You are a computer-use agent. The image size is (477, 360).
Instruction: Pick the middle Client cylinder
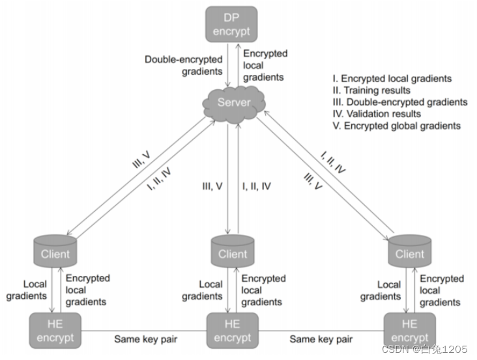click(x=233, y=251)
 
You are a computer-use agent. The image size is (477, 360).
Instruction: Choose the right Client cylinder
click(x=410, y=251)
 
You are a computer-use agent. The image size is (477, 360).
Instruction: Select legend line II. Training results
click(x=371, y=90)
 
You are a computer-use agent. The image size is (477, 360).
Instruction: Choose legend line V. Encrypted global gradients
click(x=397, y=126)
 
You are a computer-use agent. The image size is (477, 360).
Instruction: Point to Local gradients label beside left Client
click(x=26, y=290)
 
